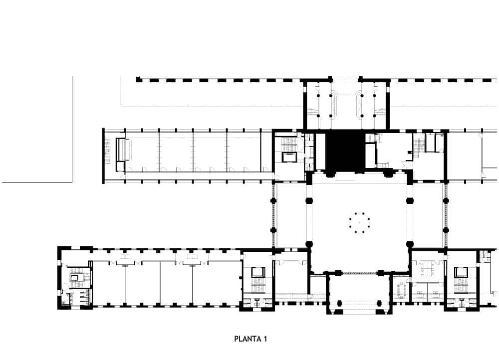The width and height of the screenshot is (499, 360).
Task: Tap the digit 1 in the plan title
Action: point(265,339)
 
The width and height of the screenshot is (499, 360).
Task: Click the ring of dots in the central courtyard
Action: point(360,222)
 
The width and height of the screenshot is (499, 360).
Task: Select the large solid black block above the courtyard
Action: point(345,152)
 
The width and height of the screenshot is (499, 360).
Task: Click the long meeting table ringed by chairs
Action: point(401,290)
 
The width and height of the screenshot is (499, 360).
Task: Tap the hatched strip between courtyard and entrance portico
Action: point(359,273)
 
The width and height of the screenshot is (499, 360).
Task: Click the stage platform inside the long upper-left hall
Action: point(123,150)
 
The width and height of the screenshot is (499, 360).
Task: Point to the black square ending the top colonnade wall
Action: point(138,79)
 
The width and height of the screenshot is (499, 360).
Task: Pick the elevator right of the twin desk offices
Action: point(460,272)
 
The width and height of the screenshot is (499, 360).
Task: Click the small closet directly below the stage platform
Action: point(120,167)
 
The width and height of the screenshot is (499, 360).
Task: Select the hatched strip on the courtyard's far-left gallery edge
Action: point(273,215)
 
